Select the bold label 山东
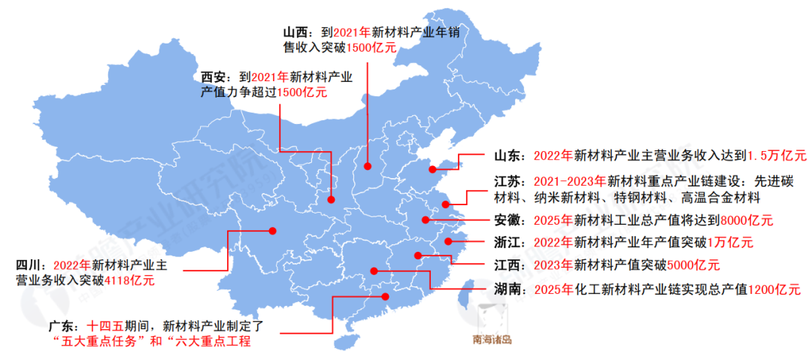[508, 156]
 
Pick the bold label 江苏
[508, 182]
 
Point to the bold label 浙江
[508, 243]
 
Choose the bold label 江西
[508, 265]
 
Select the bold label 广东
[61, 327]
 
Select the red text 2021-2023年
[570, 182]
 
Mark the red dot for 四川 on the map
[273, 231]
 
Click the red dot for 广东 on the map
[386, 297]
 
